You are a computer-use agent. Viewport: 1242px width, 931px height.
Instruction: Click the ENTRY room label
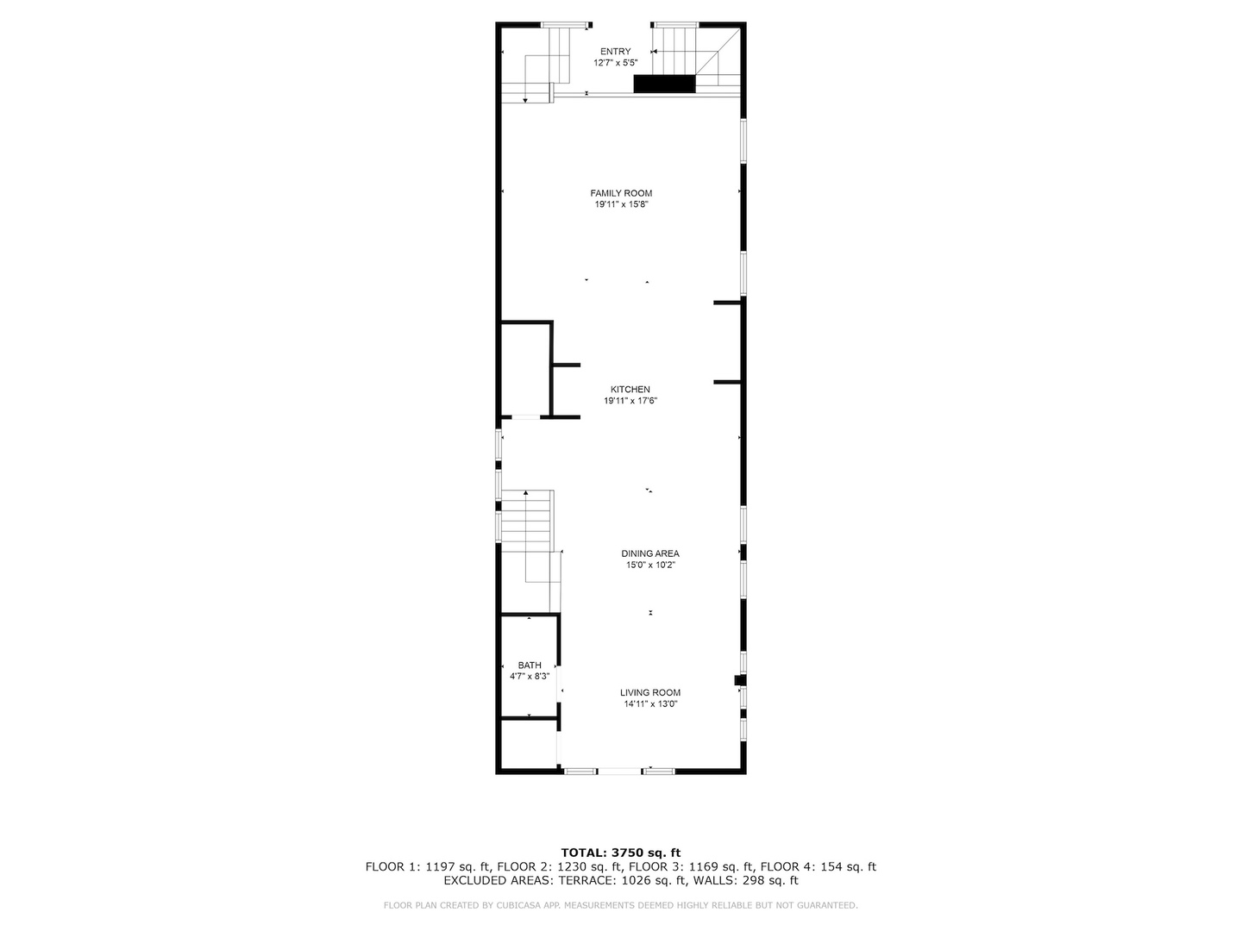[615, 52]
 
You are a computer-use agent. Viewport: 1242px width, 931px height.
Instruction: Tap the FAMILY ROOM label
[621, 193]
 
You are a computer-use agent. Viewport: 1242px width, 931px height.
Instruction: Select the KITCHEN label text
[630, 390]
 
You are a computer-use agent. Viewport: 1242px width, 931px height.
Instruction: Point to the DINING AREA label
[650, 553]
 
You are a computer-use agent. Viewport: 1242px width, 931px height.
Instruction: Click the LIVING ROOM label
[650, 692]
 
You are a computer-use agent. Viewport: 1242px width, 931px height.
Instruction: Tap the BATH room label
[530, 665]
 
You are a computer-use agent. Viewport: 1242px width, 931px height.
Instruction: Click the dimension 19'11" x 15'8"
[621, 205]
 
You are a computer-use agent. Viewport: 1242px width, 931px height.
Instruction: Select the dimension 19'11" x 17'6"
[630, 401]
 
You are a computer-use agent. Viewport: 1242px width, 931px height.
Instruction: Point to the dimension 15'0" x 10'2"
[650, 565]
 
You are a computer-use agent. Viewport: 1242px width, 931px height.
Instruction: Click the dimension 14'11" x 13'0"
[650, 704]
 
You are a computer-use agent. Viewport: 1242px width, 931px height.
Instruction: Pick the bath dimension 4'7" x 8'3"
[530, 677]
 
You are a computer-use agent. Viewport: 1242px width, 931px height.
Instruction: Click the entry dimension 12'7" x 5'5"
[615, 63]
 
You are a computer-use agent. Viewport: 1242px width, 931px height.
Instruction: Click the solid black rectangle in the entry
[664, 84]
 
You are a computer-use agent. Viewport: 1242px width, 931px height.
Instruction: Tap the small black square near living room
[739, 680]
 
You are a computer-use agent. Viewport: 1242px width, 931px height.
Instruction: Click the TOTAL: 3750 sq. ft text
[620, 853]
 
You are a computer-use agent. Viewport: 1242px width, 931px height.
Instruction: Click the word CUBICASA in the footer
[525, 906]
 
